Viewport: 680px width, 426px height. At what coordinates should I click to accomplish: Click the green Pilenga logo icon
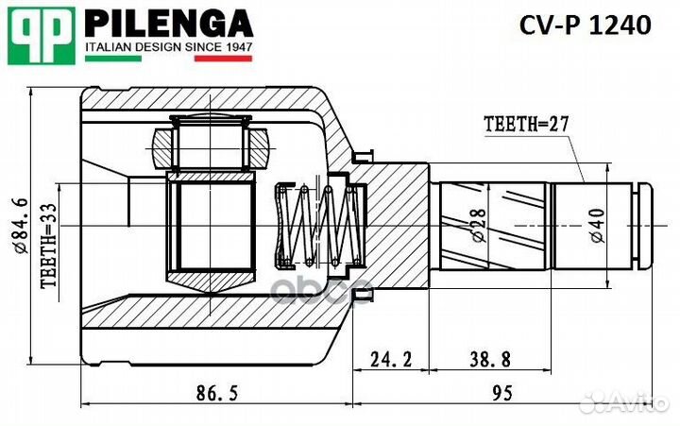coord(42,34)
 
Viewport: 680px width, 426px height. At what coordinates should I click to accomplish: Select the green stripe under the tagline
coord(114,59)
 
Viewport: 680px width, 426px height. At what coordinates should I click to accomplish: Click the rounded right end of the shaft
coord(645,227)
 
